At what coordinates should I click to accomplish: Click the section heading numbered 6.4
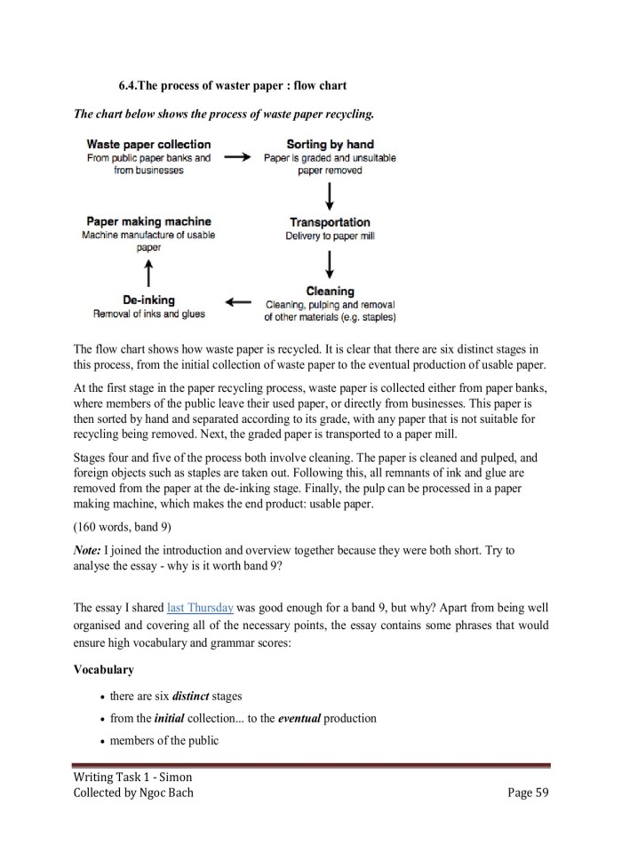pyautogui.click(x=233, y=85)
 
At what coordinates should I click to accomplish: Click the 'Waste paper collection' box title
pyautogui.click(x=148, y=144)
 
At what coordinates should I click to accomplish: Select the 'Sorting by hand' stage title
pyautogui.click(x=330, y=144)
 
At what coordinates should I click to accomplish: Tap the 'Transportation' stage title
pyautogui.click(x=330, y=222)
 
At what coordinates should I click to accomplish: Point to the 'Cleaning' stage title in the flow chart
pyautogui.click(x=330, y=291)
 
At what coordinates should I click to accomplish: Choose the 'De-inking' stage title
pyautogui.click(x=148, y=300)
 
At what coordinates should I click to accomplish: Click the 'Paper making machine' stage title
pyautogui.click(x=148, y=221)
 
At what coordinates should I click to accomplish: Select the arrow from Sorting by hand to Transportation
pyautogui.click(x=331, y=195)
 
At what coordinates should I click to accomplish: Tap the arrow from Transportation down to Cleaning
pyautogui.click(x=331, y=264)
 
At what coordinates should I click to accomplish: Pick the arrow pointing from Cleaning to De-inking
pyautogui.click(x=239, y=303)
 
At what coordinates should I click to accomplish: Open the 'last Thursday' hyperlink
pyautogui.click(x=200, y=608)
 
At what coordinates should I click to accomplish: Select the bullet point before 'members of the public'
pyautogui.click(x=104, y=741)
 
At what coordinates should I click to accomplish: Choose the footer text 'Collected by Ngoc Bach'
pyautogui.click(x=133, y=793)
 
